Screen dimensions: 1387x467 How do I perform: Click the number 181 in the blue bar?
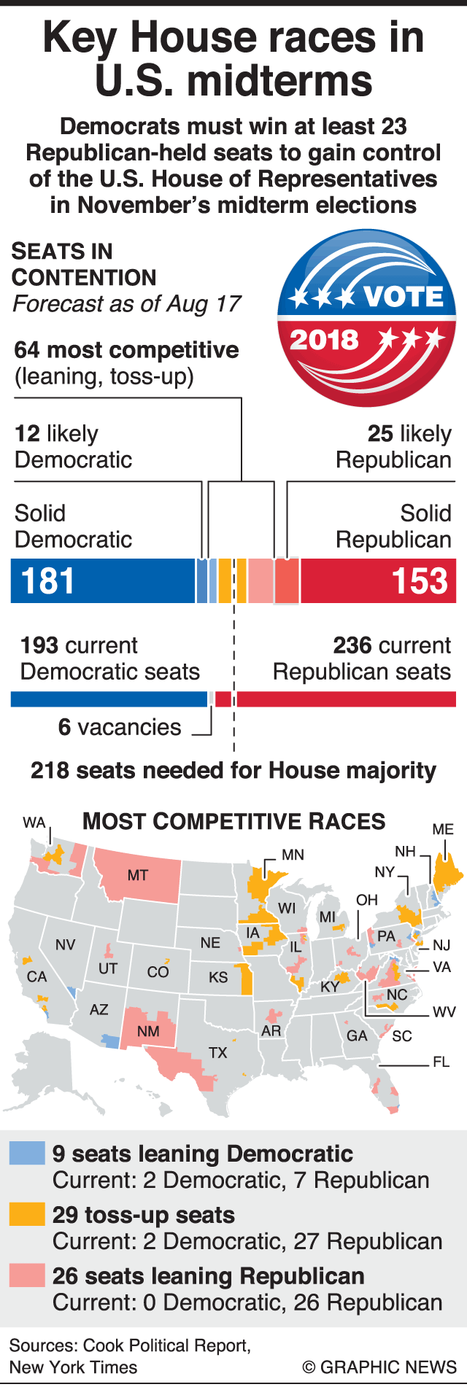click(x=47, y=581)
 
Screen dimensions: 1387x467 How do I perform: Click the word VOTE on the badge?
click(x=403, y=297)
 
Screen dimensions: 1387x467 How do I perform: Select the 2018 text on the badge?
click(x=324, y=340)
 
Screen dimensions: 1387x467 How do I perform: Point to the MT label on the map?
click(x=137, y=875)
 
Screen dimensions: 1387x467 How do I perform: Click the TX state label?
click(x=217, y=1053)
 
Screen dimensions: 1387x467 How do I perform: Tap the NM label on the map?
click(x=148, y=1031)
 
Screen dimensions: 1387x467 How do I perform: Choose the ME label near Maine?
click(x=443, y=830)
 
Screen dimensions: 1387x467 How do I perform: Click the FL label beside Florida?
click(x=441, y=1062)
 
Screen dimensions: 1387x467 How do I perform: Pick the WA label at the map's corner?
click(x=34, y=823)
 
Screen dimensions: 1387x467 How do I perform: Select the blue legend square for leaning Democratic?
click(x=26, y=1154)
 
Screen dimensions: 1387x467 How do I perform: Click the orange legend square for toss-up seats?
click(x=26, y=1214)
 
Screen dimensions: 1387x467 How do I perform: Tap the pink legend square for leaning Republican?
click(x=26, y=1275)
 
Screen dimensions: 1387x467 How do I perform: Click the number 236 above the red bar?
click(x=349, y=645)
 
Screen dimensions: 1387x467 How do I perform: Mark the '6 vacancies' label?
click(x=120, y=727)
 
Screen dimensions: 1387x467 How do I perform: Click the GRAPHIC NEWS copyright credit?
click(x=380, y=1367)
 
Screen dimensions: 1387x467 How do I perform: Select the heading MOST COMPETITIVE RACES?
click(x=233, y=822)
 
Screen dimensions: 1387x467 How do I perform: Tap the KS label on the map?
click(x=218, y=977)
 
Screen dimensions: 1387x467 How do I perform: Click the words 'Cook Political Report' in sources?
click(x=166, y=1346)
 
